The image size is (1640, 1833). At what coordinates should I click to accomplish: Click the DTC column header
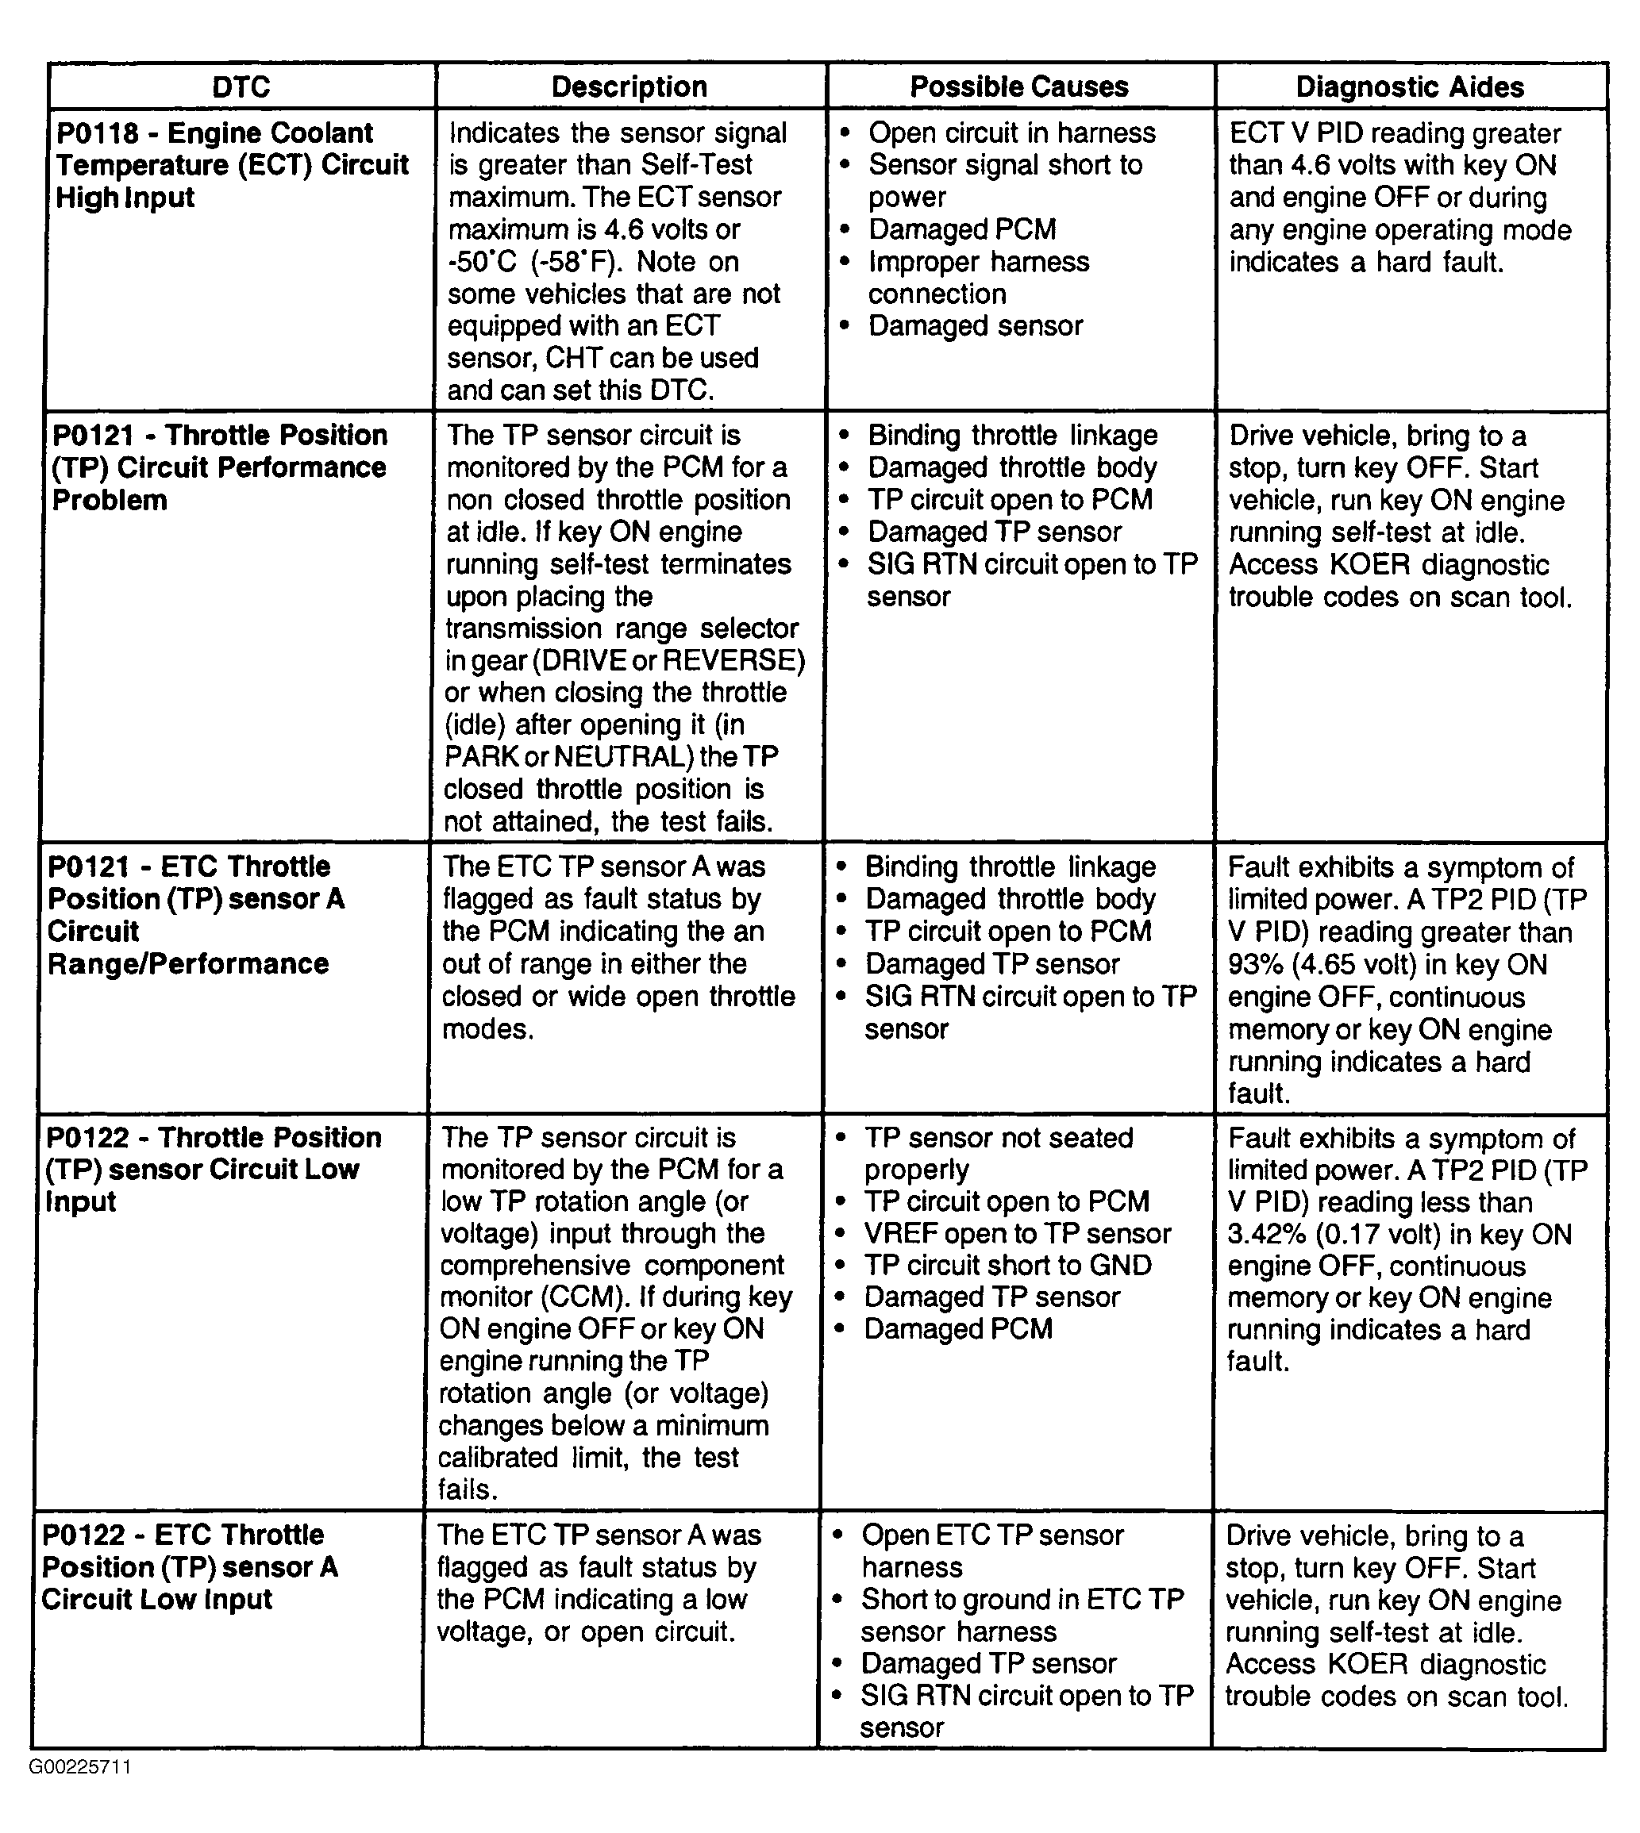pos(241,86)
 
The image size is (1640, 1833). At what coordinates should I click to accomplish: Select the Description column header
pos(629,86)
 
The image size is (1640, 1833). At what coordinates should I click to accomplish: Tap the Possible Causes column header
pos(1018,86)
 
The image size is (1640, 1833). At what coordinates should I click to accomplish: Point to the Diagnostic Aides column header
pos(1409,86)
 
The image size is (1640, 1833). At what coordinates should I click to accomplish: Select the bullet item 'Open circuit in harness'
pos(1011,133)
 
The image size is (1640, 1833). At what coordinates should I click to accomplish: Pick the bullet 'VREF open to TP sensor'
pos(1016,1233)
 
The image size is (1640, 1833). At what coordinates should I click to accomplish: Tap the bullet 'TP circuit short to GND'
pos(1007,1265)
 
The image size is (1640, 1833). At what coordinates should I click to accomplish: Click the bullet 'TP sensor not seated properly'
pos(998,1153)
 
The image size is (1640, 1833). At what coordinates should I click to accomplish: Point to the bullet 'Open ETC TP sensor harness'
pos(991,1551)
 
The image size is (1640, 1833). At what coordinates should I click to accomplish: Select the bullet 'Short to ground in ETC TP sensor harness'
pos(1021,1615)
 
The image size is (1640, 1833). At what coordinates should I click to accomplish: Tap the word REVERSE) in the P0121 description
pos(733,660)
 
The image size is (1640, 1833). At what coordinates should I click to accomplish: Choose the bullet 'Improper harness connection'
pos(978,278)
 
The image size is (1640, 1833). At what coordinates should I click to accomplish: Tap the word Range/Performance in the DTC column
pos(188,964)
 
